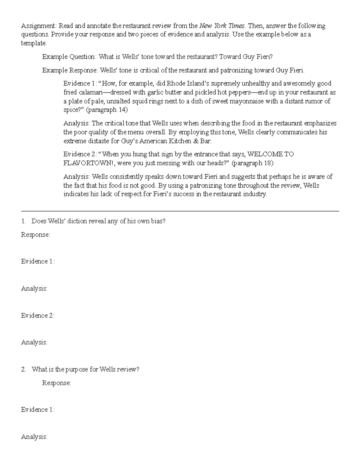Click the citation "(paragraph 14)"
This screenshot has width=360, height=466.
(107, 110)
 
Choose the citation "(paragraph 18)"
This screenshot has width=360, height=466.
(253, 163)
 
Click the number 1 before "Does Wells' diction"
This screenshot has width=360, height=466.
(23, 221)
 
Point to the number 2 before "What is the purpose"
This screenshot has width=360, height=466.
(23, 369)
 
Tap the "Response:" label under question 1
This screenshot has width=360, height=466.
(35, 235)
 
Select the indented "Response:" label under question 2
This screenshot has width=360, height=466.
(56, 383)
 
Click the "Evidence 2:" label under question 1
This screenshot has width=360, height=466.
(38, 315)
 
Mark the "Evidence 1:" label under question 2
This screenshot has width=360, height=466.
(38, 410)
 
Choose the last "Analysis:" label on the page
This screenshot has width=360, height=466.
(34, 437)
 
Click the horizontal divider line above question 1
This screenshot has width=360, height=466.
(180, 212)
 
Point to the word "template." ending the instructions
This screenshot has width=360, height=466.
(34, 43)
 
